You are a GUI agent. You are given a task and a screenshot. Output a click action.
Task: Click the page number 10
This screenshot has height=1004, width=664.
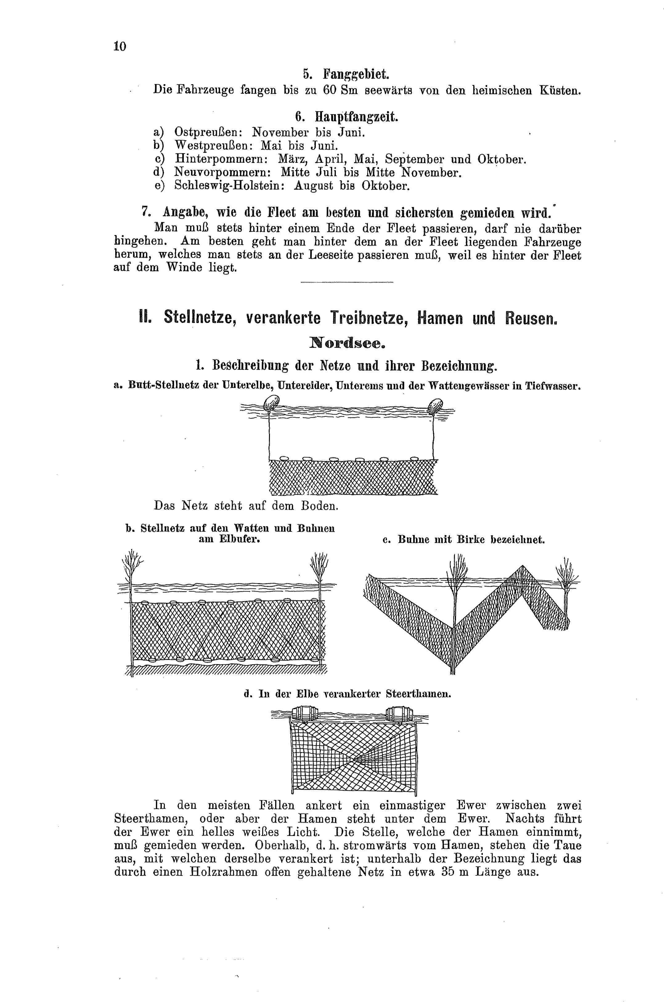click(x=120, y=46)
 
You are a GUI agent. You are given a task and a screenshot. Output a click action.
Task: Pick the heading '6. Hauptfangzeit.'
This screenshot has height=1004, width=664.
click(x=346, y=117)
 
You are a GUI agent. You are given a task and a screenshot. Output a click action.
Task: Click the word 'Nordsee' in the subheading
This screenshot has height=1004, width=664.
click(x=347, y=342)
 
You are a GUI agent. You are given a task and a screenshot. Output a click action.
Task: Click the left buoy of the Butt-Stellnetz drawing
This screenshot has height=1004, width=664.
click(x=271, y=403)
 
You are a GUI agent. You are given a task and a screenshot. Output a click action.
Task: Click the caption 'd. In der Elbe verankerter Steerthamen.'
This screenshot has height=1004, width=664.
click(x=347, y=694)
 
